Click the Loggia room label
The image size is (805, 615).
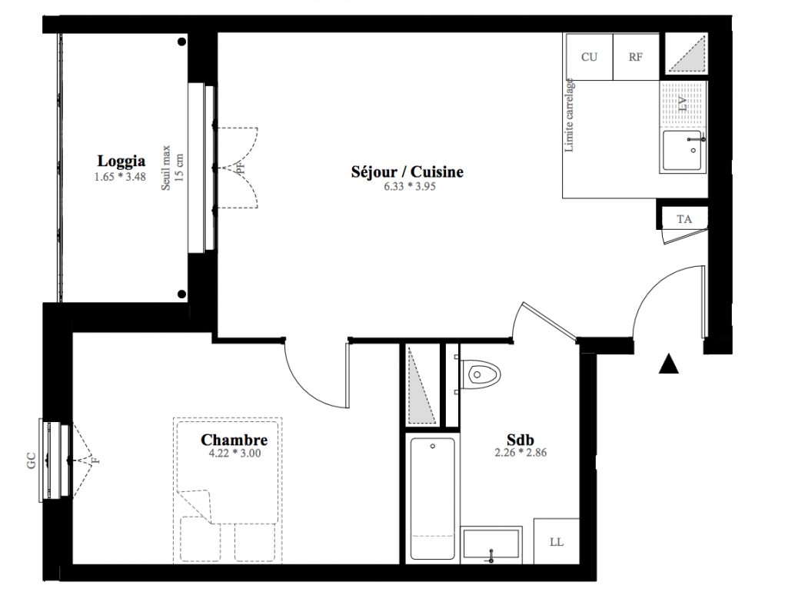(x=121, y=161)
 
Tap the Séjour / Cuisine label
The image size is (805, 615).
(x=407, y=171)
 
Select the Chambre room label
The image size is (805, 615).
(x=234, y=440)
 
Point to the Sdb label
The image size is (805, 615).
(x=520, y=440)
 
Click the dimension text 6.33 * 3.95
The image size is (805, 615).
(x=410, y=186)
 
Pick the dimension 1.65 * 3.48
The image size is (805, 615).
(x=120, y=177)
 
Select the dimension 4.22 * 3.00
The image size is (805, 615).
(x=235, y=454)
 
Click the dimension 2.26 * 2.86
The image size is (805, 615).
(x=521, y=453)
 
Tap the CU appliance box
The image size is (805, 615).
(x=590, y=57)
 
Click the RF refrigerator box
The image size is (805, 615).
(x=636, y=57)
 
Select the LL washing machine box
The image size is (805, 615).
(x=557, y=542)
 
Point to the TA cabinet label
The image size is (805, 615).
(x=684, y=219)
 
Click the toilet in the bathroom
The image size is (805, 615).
(x=480, y=374)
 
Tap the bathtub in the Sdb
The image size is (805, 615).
(x=432, y=498)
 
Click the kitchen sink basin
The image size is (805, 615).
(x=683, y=150)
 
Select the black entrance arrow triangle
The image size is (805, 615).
(x=668, y=364)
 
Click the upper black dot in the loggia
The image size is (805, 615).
(x=181, y=42)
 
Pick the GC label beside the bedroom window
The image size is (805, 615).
(x=31, y=460)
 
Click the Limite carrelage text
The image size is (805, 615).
(x=569, y=115)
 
